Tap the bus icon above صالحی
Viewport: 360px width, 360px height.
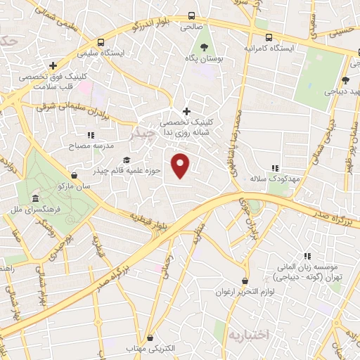(192, 15)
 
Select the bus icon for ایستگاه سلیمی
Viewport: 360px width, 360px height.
(102, 41)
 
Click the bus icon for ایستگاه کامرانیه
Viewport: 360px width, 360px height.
(268, 37)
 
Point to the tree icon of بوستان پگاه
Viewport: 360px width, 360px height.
(204, 48)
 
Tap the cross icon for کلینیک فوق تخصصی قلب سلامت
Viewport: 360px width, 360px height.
(53, 66)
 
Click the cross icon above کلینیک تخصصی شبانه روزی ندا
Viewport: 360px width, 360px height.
(186, 110)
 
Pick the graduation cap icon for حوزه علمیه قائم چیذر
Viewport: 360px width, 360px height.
(126, 160)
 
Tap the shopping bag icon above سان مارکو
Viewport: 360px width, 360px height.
(75, 176)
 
